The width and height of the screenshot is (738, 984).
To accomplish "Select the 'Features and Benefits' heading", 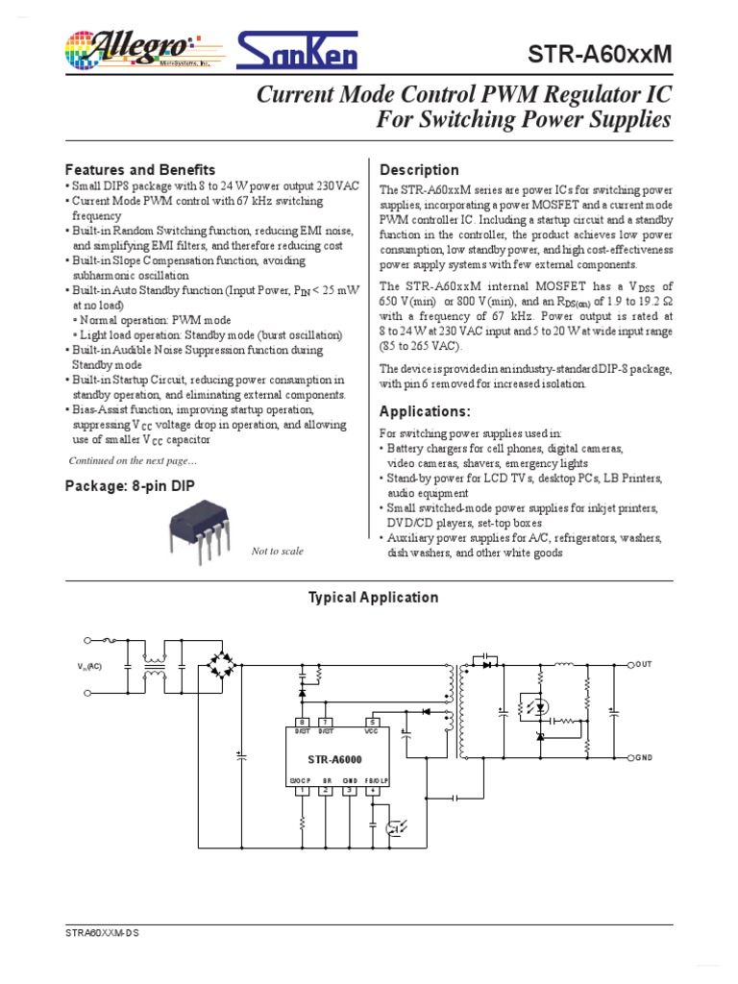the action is [139, 170].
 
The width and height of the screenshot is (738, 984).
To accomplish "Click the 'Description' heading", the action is [420, 170].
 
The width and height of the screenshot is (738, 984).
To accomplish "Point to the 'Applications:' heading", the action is [426, 412].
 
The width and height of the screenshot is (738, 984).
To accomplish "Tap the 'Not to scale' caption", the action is [277, 551].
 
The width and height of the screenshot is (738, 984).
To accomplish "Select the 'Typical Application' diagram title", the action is [373, 598].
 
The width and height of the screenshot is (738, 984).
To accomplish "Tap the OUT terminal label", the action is [643, 664].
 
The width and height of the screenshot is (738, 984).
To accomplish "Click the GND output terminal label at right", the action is [643, 758].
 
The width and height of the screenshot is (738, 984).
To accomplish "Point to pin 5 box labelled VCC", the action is [372, 722].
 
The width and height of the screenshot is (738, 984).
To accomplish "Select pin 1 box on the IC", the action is [302, 791].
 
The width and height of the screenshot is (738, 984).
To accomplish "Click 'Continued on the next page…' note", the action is [133, 460].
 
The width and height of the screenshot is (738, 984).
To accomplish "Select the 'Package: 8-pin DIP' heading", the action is [130, 485].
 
